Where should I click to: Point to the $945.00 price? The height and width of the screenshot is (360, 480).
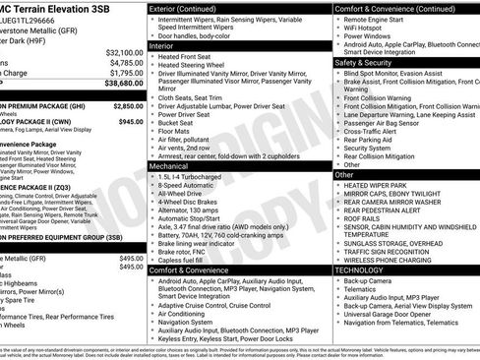pyautogui.click(x=131, y=122)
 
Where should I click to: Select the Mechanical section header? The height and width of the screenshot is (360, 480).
pyautogui.click(x=173, y=166)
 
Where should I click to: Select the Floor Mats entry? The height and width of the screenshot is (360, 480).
pyautogui.click(x=177, y=129)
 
